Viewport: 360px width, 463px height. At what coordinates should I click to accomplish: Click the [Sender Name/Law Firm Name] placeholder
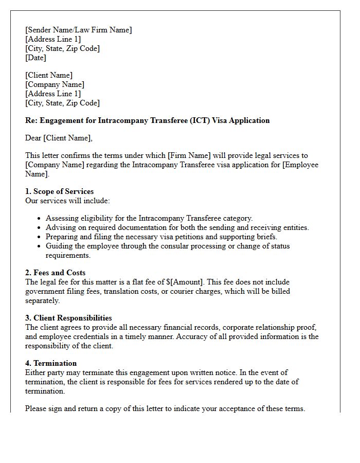pos(78,30)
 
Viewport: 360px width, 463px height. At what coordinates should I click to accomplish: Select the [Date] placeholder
pos(35,58)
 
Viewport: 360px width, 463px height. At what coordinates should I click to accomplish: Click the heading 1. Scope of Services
pos(59,191)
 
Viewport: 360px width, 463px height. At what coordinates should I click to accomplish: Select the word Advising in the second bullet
pos(60,227)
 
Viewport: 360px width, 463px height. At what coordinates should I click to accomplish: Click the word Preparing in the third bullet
pos(62,237)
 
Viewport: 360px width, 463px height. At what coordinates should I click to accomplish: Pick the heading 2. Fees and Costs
pos(55,273)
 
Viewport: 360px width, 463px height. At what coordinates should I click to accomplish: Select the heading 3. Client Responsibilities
pos(68,318)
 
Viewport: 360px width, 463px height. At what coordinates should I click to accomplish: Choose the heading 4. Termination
pos(51,363)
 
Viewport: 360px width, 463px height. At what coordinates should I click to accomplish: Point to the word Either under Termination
pos(35,372)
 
